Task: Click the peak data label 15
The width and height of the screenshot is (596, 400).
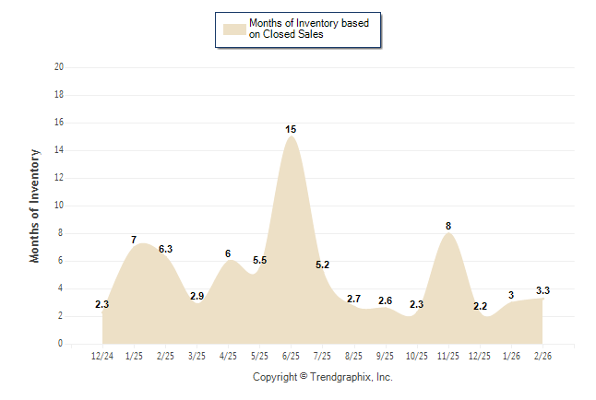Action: pos(291,129)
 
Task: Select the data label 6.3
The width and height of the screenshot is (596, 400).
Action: pos(165,249)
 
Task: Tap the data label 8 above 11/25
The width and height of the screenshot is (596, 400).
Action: pos(447,226)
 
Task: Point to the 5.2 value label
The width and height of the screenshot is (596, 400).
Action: pos(322,265)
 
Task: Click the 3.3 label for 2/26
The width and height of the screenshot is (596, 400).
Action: pos(542,290)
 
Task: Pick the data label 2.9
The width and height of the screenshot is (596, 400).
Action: pos(197,296)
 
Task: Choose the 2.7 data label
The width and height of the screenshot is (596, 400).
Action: pos(353,299)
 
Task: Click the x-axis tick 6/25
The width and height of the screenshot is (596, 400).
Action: pos(291,355)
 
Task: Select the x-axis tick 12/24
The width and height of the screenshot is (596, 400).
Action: pos(102,355)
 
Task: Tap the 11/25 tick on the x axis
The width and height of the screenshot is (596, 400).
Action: pos(447,355)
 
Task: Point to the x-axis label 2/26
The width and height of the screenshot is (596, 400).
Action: pos(542,355)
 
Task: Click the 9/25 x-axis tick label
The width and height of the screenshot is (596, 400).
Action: pos(385,355)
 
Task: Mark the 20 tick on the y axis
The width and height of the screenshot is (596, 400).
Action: pos(59,67)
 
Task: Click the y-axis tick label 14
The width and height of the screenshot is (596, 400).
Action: pos(59,150)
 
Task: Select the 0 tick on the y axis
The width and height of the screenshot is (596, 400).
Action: pos(61,344)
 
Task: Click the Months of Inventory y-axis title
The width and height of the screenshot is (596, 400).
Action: pos(35,206)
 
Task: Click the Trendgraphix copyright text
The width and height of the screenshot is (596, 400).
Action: pos(322,377)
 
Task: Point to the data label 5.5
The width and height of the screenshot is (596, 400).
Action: pos(259,261)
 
